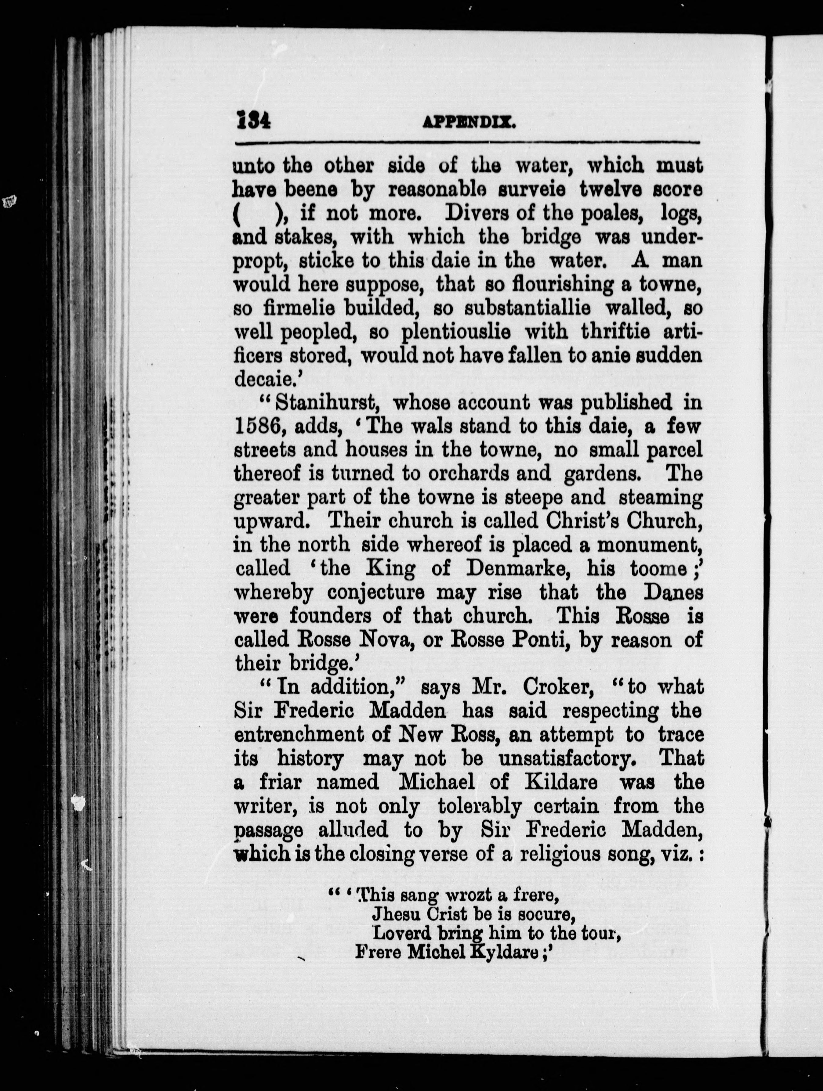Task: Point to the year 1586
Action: click(258, 427)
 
